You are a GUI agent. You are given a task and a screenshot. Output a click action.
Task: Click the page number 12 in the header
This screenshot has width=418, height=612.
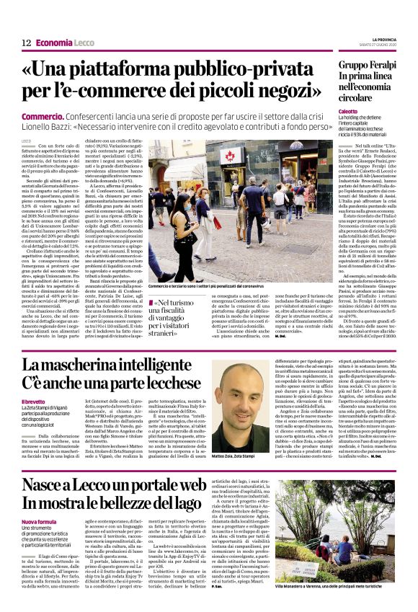tap(26, 43)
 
